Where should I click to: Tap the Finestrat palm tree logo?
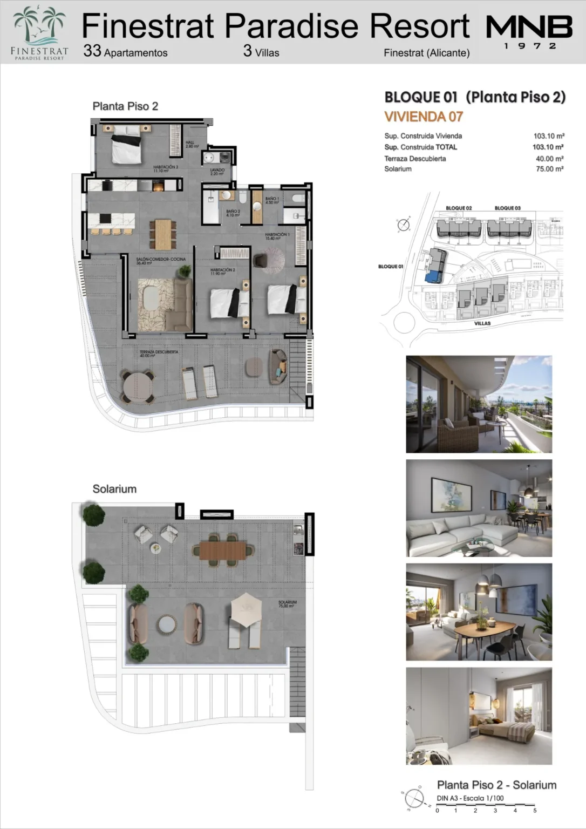(x=39, y=32)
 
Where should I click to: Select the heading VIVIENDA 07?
(x=424, y=117)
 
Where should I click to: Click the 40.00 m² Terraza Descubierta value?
(x=549, y=159)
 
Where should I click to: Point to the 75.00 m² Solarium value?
(x=549, y=169)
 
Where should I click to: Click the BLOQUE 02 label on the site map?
(x=459, y=208)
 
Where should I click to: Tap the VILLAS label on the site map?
(x=482, y=323)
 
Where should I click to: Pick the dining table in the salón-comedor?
(x=163, y=234)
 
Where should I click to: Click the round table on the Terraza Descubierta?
(x=138, y=386)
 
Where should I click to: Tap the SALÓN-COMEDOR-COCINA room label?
(x=160, y=260)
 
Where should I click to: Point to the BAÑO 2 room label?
(x=233, y=213)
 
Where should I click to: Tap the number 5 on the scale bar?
(x=535, y=810)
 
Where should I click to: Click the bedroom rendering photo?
(x=479, y=716)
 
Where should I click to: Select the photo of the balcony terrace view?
(x=479, y=404)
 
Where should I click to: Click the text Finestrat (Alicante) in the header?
(x=426, y=53)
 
